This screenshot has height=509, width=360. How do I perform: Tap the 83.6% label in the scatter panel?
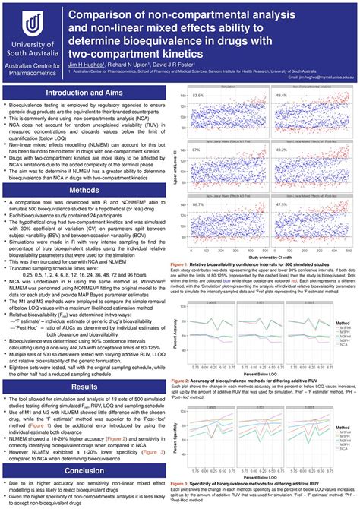(198, 96)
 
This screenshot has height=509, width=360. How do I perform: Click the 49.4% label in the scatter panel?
(282, 96)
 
